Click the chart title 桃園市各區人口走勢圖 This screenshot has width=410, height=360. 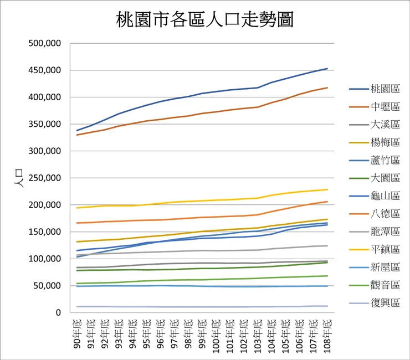[x=205, y=19]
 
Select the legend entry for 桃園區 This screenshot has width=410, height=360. [x=375, y=89]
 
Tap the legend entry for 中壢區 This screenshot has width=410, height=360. [x=375, y=107]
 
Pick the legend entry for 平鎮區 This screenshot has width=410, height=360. [x=375, y=249]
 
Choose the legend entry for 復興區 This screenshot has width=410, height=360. [x=375, y=303]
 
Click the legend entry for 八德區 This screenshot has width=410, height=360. [x=375, y=214]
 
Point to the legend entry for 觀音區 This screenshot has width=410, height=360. [x=375, y=285]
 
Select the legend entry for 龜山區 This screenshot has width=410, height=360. [x=375, y=196]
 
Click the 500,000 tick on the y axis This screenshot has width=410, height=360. [x=44, y=43]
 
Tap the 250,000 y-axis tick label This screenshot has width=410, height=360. [x=44, y=178]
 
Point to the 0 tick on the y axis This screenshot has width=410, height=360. [x=58, y=313]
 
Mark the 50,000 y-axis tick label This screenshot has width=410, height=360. [x=47, y=286]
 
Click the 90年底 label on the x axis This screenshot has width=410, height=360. [x=77, y=334]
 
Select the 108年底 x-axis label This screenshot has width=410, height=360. [x=327, y=336]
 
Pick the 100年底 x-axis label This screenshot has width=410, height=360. [x=216, y=336]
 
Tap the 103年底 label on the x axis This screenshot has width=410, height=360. [x=258, y=336]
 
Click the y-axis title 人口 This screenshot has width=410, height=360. [x=19, y=178]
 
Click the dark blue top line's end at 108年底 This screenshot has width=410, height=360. [x=327, y=69]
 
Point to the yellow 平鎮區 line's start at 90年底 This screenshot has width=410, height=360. [x=76, y=208]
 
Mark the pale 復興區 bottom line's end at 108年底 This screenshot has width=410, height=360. [x=327, y=306]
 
